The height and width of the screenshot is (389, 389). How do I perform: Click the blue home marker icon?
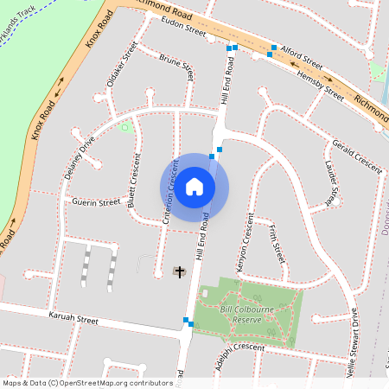[x=194, y=187]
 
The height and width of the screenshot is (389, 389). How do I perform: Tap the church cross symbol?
[x=181, y=272]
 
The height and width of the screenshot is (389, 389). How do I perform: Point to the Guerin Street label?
[x=96, y=202]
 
